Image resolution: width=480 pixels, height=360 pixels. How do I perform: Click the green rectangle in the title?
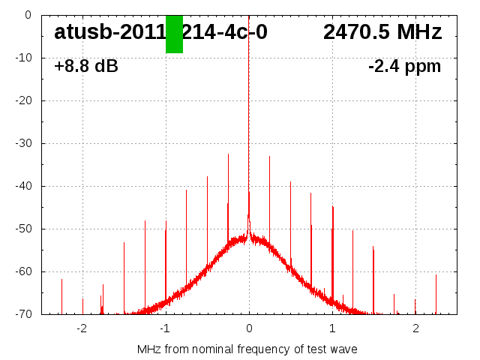pos(174,34)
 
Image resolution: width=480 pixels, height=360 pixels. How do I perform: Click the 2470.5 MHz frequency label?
pos(382,32)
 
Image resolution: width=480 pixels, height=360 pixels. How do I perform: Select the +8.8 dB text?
pos(85,67)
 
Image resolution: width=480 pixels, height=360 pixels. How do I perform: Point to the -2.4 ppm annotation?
pos(404,67)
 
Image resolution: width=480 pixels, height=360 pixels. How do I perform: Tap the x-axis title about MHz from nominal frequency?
pos(247,349)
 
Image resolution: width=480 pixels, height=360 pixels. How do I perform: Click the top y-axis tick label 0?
pos(27,15)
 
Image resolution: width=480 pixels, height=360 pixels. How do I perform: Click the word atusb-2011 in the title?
pos(109,32)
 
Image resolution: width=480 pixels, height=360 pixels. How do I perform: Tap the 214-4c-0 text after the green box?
pos(225,32)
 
